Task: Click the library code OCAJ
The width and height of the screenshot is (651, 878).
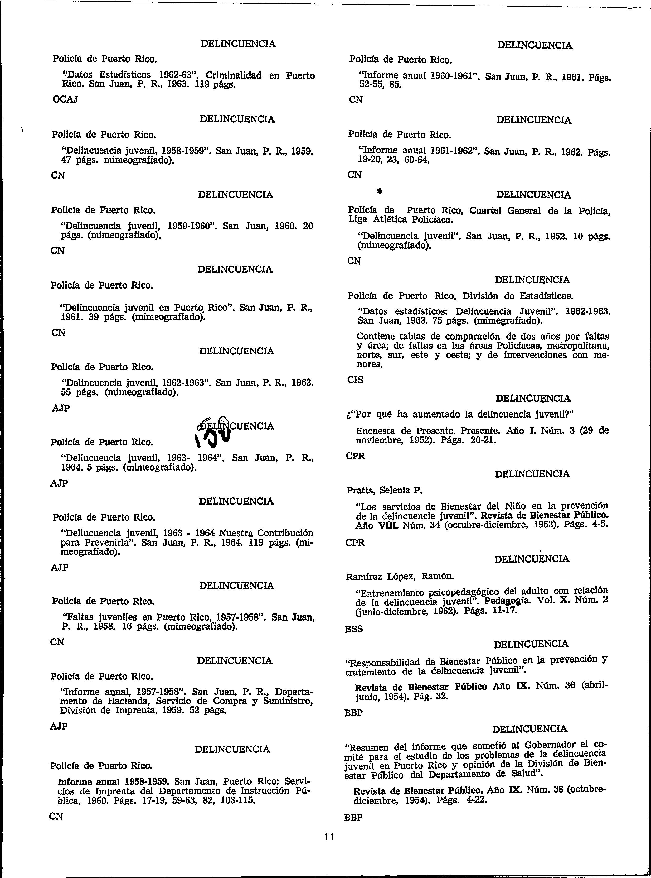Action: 65,99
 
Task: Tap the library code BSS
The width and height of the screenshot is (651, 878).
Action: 354,629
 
